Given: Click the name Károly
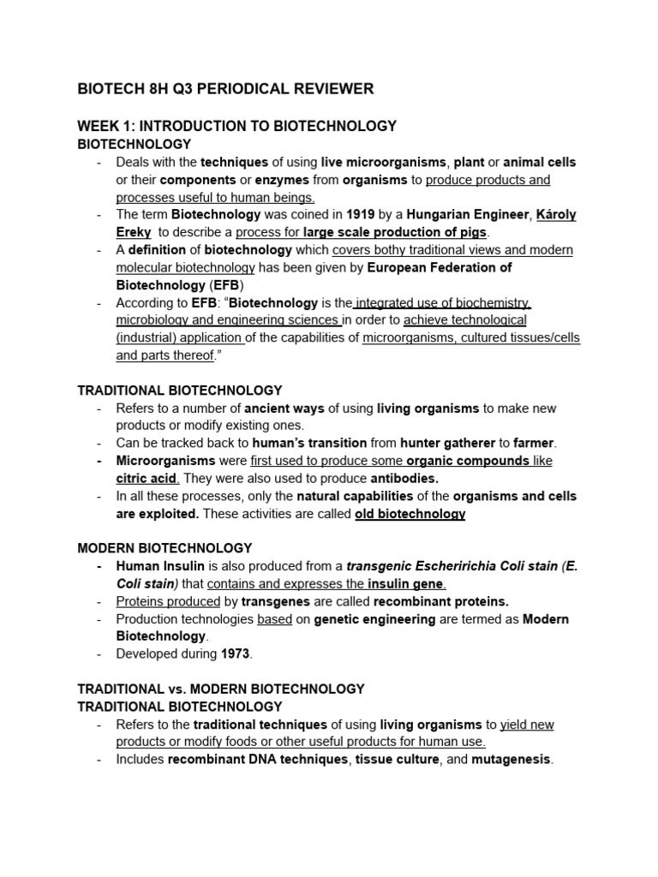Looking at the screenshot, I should tap(555, 215).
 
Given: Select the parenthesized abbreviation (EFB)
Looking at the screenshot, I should tap(225, 285).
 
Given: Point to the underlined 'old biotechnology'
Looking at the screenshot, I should tap(410, 514).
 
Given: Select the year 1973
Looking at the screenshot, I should tap(236, 654).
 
